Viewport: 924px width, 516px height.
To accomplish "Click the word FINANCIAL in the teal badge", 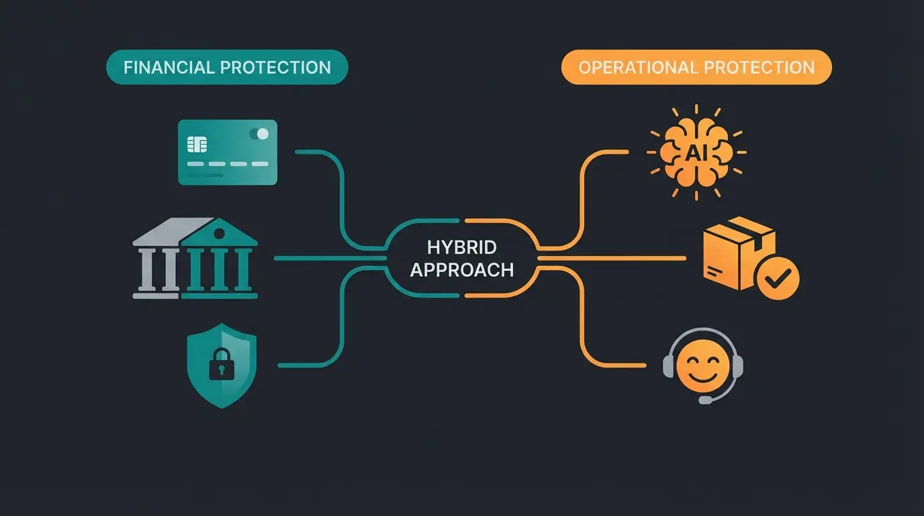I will (x=169, y=67).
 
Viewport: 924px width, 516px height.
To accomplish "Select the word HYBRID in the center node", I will (x=461, y=246).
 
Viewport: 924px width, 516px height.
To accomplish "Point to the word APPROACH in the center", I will (x=461, y=269).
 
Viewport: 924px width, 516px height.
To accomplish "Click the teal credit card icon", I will (x=227, y=152).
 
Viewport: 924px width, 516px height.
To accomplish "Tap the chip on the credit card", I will (x=197, y=144).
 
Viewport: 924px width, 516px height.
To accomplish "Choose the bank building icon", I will (x=195, y=259).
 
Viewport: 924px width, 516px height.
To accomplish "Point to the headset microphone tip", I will (x=704, y=400).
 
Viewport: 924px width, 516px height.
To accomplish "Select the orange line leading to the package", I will (x=611, y=258).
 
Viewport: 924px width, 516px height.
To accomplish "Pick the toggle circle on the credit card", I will (x=262, y=134).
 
